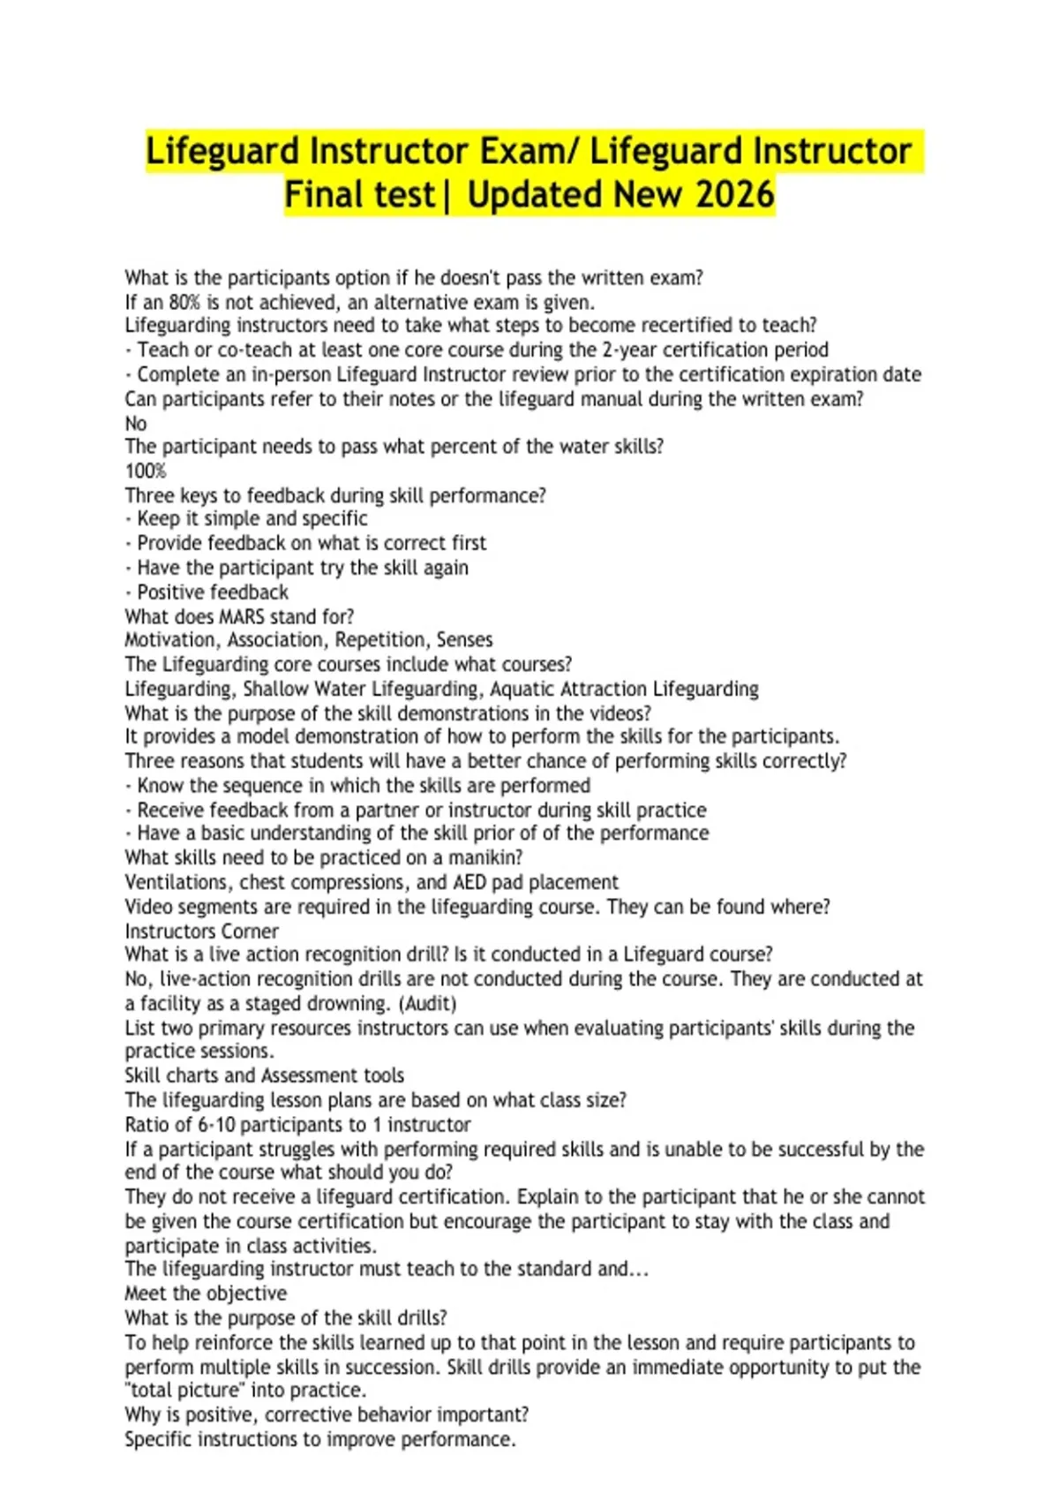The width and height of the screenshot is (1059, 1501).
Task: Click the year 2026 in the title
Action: pyautogui.click(x=734, y=195)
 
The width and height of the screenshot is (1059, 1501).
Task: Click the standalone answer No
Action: pyautogui.click(x=136, y=423)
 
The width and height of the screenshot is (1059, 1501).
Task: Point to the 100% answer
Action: pyautogui.click(x=146, y=471)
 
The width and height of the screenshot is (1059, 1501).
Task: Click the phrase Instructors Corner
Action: pyautogui.click(x=201, y=932)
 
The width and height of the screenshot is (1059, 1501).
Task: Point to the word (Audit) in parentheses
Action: pyautogui.click(x=428, y=1004)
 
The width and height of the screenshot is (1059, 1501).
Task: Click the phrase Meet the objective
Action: pyautogui.click(x=206, y=1294)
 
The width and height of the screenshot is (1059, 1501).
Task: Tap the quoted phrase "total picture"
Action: pyautogui.click(x=183, y=1391)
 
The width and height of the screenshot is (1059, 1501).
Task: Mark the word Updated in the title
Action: pyautogui.click(x=535, y=195)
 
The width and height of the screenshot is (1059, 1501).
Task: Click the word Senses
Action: pyautogui.click(x=464, y=640)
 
